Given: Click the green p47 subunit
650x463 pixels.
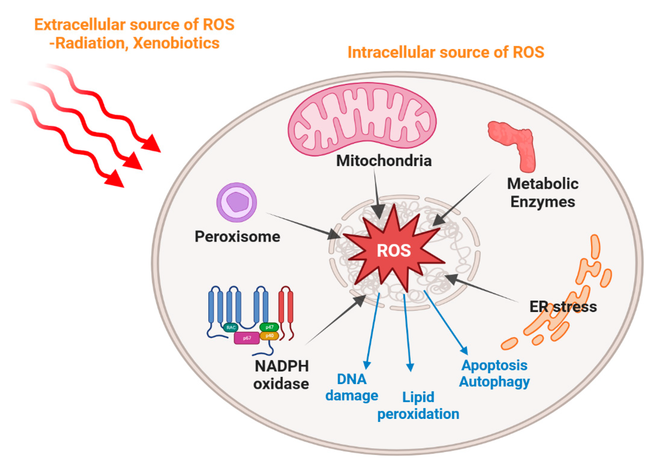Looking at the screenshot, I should [x=269, y=327].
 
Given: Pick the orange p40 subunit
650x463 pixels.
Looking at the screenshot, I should [x=269, y=336].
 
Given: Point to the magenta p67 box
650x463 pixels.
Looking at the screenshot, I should [x=247, y=338].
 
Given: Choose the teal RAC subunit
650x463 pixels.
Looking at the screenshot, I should [x=231, y=327].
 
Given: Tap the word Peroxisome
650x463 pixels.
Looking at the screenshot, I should [x=237, y=237].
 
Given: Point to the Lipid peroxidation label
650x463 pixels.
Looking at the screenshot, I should [x=418, y=406].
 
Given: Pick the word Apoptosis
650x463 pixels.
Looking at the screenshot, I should [x=494, y=365].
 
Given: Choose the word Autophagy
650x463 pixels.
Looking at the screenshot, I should [x=494, y=382].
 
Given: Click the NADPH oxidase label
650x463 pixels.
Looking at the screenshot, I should [x=282, y=375].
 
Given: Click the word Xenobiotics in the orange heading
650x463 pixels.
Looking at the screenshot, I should [x=176, y=43].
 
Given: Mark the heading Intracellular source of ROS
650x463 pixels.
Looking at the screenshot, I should [x=446, y=52].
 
